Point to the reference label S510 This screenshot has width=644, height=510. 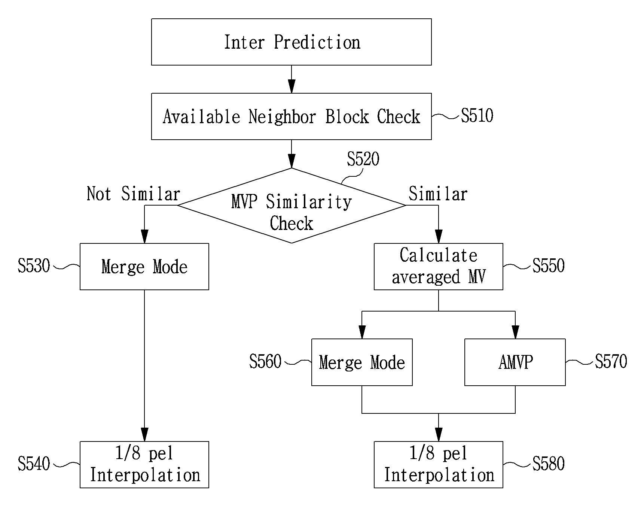477,116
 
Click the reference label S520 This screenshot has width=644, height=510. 363,159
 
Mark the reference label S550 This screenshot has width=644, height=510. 548,266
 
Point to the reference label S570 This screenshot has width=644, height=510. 611,362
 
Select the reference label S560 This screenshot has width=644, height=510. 265,362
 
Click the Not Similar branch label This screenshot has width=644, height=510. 134,194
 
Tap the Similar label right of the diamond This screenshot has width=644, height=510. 438,194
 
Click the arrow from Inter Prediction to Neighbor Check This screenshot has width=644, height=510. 291,79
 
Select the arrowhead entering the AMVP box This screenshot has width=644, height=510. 515,332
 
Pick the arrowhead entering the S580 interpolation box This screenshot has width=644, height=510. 439,434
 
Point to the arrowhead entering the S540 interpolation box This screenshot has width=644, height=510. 144,434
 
